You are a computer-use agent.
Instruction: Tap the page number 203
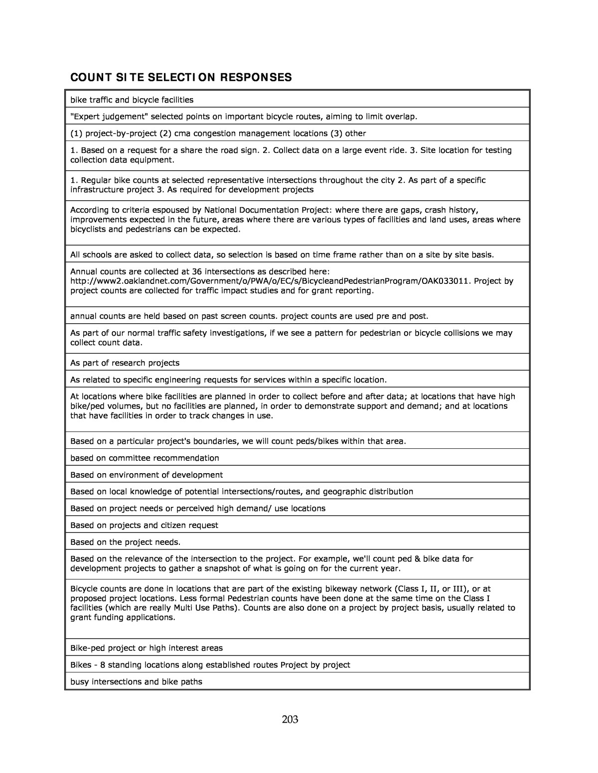(290, 719)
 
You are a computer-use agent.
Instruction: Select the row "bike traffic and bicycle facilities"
(132, 100)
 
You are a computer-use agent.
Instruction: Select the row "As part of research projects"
(125, 363)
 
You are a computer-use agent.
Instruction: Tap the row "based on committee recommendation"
(145, 458)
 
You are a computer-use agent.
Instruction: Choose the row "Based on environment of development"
(147, 475)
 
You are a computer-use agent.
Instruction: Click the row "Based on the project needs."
(126, 541)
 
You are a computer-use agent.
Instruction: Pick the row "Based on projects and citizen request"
(144, 525)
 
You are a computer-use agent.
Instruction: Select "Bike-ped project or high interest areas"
(147, 648)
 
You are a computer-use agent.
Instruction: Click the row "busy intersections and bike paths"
(136, 681)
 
